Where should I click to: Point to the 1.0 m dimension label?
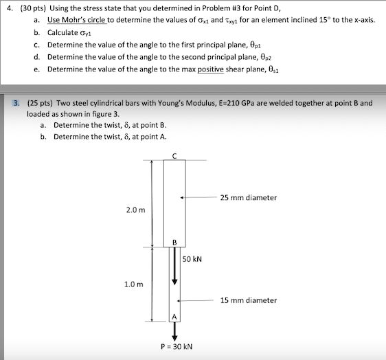click(135, 284)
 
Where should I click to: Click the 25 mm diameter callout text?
click(249, 198)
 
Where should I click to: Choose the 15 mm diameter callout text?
click(249, 300)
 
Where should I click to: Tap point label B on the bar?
click(174, 242)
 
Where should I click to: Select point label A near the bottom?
click(174, 317)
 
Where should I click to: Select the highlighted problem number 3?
click(16, 103)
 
